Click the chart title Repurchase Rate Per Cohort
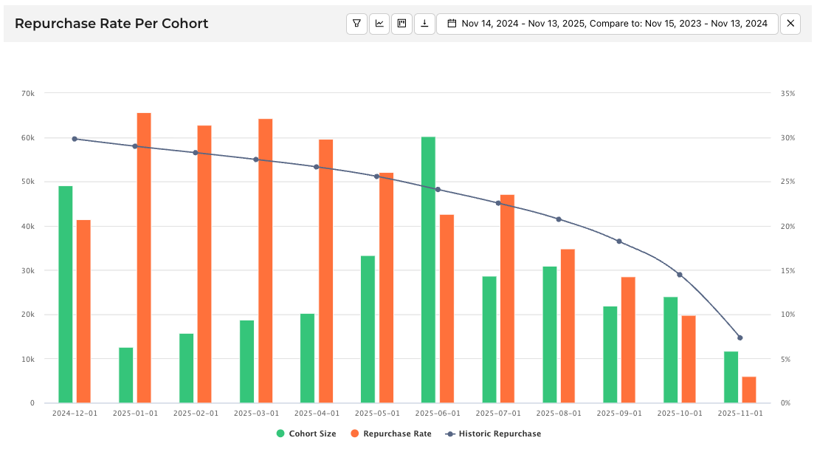(x=111, y=24)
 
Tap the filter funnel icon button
(x=356, y=24)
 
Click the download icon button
(x=424, y=24)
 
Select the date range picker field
(x=607, y=24)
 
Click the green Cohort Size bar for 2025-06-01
(x=428, y=270)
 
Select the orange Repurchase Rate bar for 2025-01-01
(x=144, y=258)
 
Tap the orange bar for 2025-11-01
(x=749, y=389)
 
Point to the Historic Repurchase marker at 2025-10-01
(x=680, y=275)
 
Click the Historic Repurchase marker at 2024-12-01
(x=75, y=139)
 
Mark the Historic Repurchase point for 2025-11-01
(x=740, y=337)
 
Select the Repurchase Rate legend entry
(x=391, y=433)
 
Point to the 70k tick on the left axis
(x=28, y=94)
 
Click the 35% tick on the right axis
(x=787, y=94)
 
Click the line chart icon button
(x=379, y=24)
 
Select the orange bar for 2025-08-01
(x=568, y=326)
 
